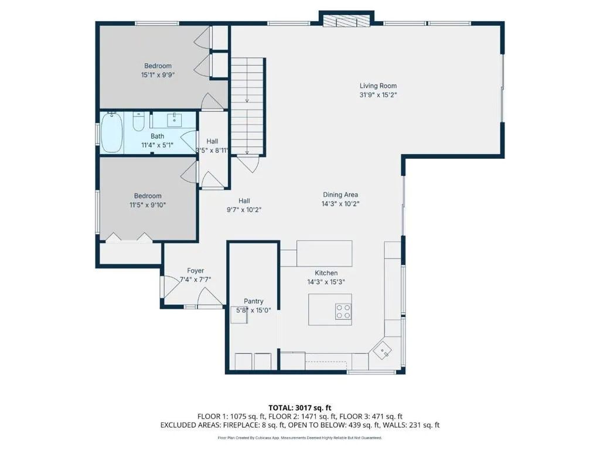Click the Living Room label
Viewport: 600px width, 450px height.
click(x=378, y=86)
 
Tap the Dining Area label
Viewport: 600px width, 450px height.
click(x=340, y=195)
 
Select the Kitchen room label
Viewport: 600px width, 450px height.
click(x=326, y=273)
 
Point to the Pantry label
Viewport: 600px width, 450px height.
click(x=253, y=301)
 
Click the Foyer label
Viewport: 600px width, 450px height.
click(x=195, y=271)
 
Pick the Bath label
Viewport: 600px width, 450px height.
click(x=157, y=136)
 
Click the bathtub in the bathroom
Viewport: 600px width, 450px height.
click(x=112, y=132)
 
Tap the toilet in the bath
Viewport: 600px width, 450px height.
click(x=138, y=121)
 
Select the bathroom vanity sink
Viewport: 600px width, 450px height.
click(x=175, y=120)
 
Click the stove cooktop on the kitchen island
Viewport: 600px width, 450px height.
click(x=343, y=311)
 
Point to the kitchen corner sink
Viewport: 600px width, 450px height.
click(x=383, y=350)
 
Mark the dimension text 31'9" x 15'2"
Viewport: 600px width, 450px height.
click(x=378, y=95)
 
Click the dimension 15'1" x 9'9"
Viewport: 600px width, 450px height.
click(x=158, y=75)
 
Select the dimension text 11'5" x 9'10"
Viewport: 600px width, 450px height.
click(x=147, y=205)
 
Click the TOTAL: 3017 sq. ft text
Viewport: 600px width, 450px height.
click(x=299, y=408)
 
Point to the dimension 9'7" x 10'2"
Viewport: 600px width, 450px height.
click(x=244, y=210)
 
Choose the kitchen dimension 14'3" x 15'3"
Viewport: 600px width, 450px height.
click(x=326, y=282)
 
